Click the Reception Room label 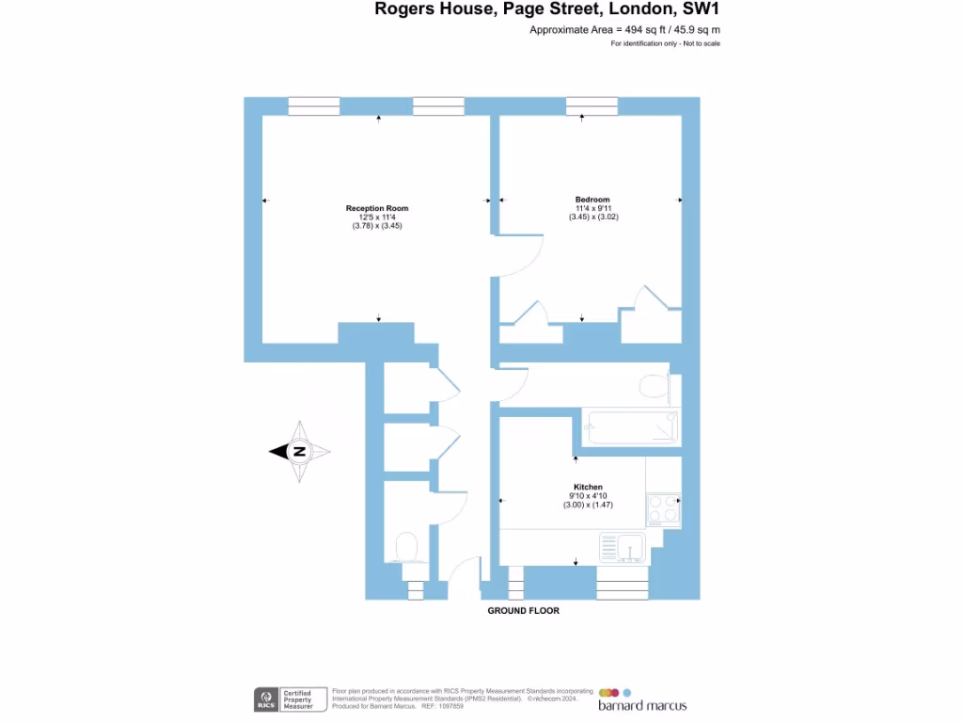tap(377, 208)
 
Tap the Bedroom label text tap(592, 200)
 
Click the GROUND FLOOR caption tap(523, 611)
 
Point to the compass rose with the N tap(300, 452)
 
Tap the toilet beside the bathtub tap(652, 385)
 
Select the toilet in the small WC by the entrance tap(406, 546)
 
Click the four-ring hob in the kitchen tap(662, 509)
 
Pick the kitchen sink tap(622, 547)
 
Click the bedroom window tap(592, 105)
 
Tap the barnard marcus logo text tap(642, 705)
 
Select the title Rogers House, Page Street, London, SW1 tap(547, 10)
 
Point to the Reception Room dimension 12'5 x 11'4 tap(377, 217)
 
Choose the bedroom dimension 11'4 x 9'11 tap(592, 208)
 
